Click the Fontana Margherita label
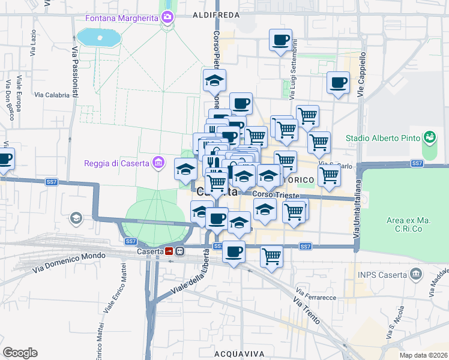[x=121, y=18]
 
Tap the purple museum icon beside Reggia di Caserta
[x=158, y=162]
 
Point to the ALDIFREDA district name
[x=217, y=14]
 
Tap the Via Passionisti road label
[x=75, y=72]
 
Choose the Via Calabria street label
[x=52, y=95]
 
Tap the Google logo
[x=20, y=352]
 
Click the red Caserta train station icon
[x=170, y=251]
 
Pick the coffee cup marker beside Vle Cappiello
[x=338, y=82]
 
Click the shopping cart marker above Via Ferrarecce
[x=272, y=256]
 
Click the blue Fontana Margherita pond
[x=99, y=37]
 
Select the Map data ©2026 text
[x=424, y=355]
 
